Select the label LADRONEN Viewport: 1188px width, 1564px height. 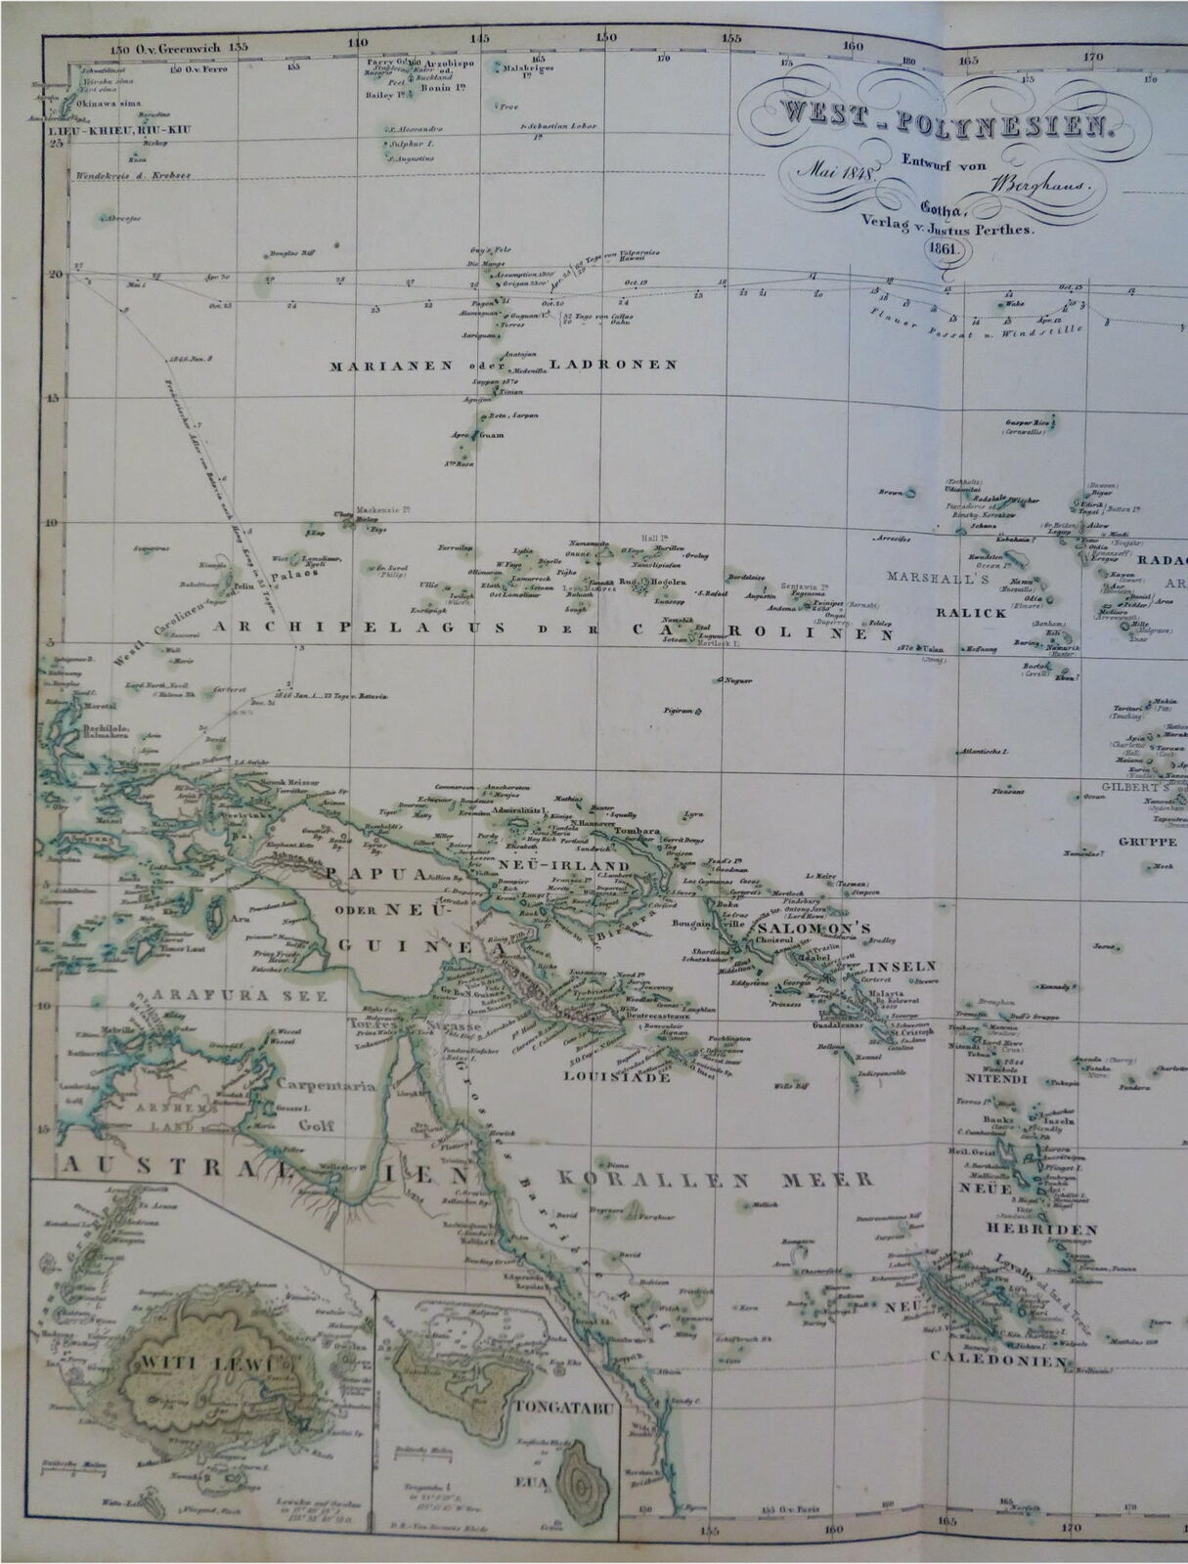613,365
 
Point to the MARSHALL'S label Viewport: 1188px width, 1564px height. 938,578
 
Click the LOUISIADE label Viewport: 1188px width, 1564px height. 617,1076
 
